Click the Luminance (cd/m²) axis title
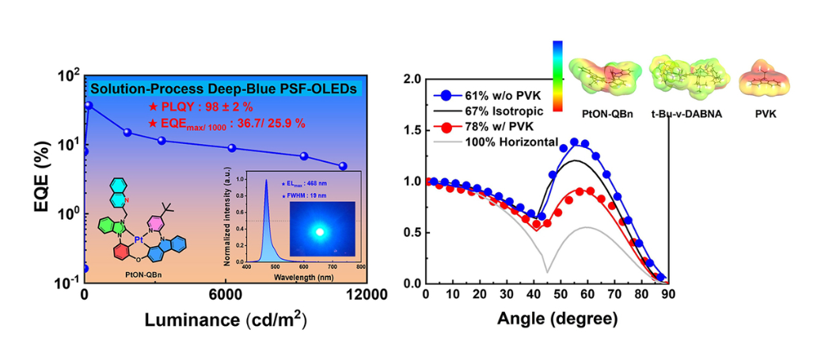tap(226, 320)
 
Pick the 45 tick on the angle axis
tap(546, 295)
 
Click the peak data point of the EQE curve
tap(89, 105)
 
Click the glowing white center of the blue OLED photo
tap(320, 232)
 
